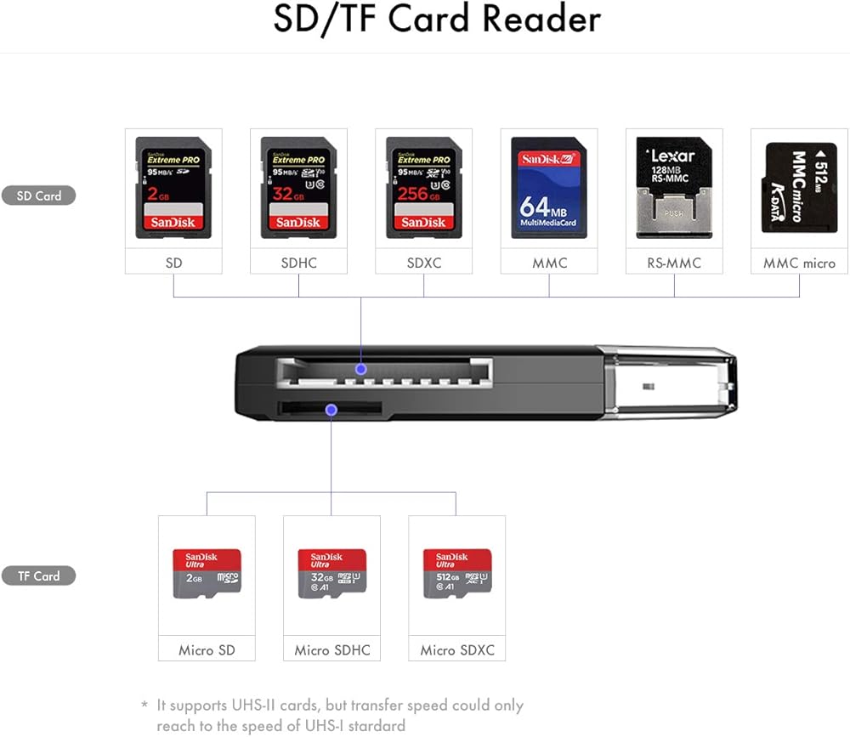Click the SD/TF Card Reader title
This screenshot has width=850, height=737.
[x=436, y=20]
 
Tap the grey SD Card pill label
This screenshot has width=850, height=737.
[x=39, y=196]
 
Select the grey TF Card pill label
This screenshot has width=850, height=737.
[x=39, y=575]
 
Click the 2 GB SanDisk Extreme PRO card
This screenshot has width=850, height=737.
[x=173, y=188]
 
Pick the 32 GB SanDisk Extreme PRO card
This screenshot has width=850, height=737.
[x=298, y=188]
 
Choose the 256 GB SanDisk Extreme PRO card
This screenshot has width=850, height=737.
[x=423, y=188]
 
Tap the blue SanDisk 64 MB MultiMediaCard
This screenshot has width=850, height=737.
[x=548, y=188]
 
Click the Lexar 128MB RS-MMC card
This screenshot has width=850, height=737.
[x=674, y=188]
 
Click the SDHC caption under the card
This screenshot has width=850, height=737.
[x=298, y=263]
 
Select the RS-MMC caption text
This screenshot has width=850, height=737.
[x=674, y=263]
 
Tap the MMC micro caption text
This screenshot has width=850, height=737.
[x=799, y=263]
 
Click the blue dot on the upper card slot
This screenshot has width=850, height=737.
[x=361, y=369]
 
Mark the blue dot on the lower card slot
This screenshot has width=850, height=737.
[x=331, y=410]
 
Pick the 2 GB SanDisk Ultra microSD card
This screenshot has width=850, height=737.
[x=207, y=572]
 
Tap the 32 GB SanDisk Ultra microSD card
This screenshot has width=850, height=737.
[x=331, y=572]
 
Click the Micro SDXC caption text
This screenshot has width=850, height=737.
[x=457, y=650]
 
